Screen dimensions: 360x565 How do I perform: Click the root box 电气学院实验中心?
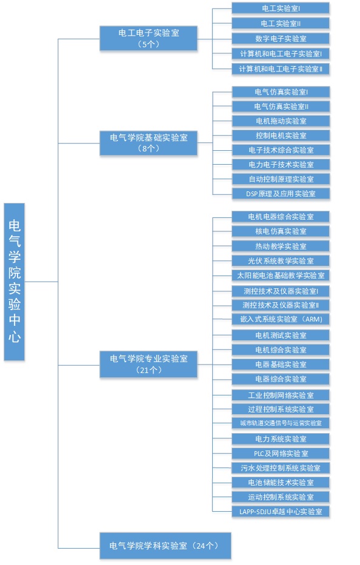15,282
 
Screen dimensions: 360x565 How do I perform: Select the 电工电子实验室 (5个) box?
148,38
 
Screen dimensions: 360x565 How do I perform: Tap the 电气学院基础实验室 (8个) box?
148,143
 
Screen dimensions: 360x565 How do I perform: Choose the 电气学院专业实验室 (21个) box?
148,365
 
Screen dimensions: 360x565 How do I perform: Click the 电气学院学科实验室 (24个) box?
165,546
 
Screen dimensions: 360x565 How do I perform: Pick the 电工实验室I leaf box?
281,8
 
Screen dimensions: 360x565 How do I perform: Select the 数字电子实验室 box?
281,39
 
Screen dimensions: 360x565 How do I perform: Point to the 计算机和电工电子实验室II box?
281,69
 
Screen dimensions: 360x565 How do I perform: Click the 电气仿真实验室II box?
281,107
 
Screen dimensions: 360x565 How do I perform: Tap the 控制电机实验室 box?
281,136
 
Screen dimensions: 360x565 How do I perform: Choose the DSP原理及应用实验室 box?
281,194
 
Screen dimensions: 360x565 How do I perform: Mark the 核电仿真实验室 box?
281,231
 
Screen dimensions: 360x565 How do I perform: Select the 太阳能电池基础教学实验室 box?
281,276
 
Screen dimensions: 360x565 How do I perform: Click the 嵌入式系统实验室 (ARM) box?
281,319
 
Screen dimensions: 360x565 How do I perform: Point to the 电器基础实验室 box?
281,365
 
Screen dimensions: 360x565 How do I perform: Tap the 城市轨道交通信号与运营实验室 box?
281,423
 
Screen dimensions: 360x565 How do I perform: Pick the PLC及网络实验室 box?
281,454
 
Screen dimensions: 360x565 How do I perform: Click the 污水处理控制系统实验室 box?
281,468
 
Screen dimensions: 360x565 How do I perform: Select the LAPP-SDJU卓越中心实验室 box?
281,511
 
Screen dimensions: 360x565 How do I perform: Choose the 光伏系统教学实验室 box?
281,260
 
